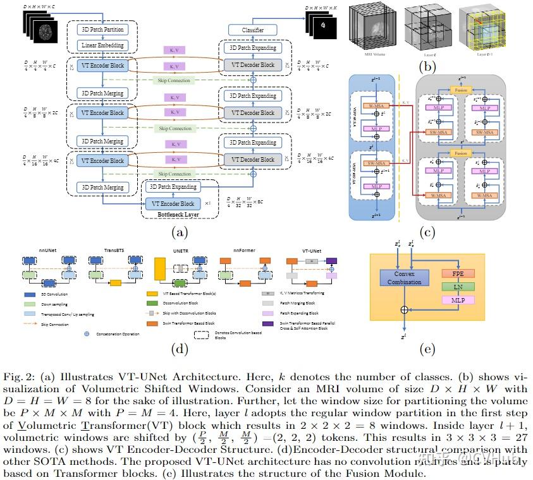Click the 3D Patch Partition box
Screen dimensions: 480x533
point(102,30)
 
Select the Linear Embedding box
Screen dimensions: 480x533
point(102,45)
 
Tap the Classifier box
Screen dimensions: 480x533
point(252,30)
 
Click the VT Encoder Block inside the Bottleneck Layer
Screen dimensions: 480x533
point(170,204)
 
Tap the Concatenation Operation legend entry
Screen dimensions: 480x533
point(118,333)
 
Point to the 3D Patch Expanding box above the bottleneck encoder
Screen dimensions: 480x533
point(173,187)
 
